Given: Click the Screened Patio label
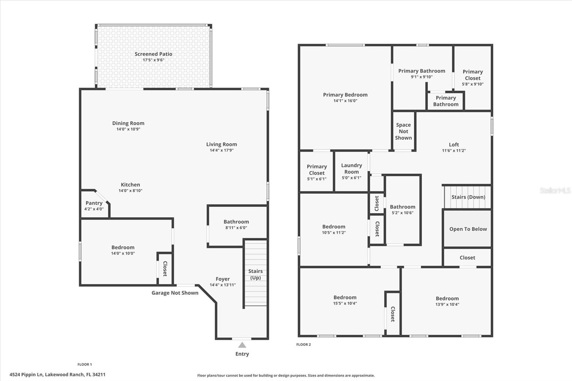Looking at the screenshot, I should click(153, 54).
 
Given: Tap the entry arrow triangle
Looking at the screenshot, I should click(242, 345).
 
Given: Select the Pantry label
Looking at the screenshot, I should click(94, 203).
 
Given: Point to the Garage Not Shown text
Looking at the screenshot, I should click(175, 293).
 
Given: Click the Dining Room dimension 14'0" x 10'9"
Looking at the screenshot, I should click(128, 129).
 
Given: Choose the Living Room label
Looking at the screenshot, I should click(221, 144).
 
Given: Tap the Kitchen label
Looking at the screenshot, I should click(130, 185).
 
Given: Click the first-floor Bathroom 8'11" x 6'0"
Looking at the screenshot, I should click(236, 224).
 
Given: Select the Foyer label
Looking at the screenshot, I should click(222, 279).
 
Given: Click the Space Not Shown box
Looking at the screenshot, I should click(403, 131).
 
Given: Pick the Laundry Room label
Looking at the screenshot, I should click(351, 168).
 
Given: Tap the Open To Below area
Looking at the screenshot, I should click(468, 229).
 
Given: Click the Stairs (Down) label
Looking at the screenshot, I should click(468, 197).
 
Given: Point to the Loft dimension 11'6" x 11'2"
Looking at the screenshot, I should click(454, 151).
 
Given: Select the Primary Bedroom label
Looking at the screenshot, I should click(345, 95).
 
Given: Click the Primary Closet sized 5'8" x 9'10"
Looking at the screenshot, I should click(473, 78).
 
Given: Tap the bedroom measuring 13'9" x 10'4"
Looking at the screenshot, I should click(447, 301).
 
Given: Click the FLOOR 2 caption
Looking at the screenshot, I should click(304, 345).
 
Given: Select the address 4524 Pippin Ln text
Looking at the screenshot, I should click(57, 375).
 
